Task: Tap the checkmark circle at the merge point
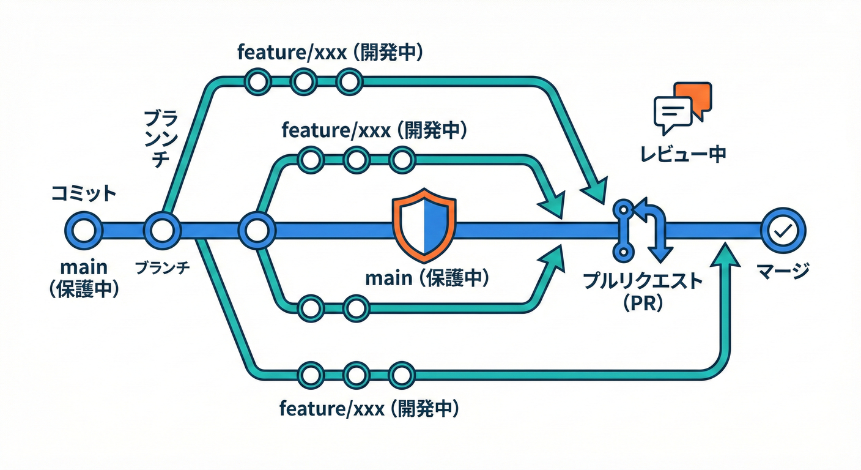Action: (x=783, y=231)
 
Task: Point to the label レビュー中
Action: (x=682, y=154)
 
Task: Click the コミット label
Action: (x=83, y=194)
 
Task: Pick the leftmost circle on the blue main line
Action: (x=83, y=231)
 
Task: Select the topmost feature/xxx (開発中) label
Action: (x=330, y=53)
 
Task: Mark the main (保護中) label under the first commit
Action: (x=83, y=278)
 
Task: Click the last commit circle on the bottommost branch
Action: (x=401, y=373)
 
